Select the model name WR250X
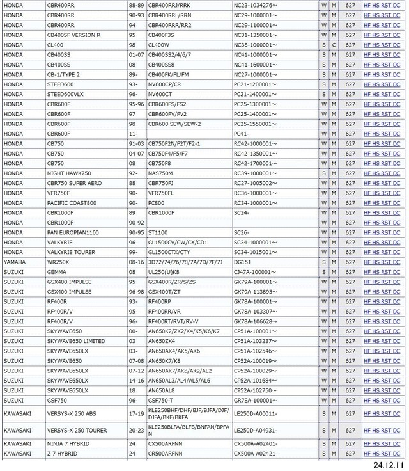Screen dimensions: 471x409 click(x=59, y=262)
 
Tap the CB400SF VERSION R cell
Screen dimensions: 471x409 click(x=74, y=35)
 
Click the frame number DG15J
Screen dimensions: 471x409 click(x=242, y=262)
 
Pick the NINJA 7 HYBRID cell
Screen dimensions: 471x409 click(x=68, y=443)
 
